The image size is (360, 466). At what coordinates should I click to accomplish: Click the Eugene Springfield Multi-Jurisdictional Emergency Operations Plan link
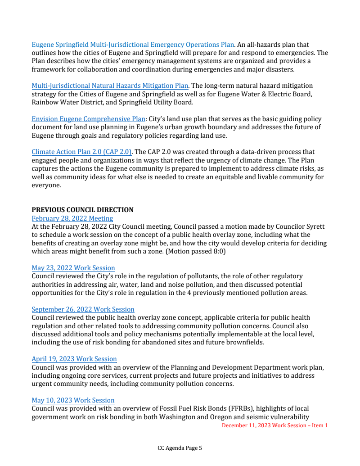[133, 45]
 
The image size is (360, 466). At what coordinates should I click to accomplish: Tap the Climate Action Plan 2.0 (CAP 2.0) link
[81, 152]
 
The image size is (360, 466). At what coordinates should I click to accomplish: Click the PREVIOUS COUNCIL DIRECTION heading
[82, 210]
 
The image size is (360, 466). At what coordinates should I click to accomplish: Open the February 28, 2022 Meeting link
[72, 218]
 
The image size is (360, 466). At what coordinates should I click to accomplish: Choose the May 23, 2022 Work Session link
[73, 268]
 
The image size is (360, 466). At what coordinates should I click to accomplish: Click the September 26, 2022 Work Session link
[83, 309]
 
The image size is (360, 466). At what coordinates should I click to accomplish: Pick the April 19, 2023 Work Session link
[74, 359]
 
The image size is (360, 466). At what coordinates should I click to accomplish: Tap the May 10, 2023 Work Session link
[73, 400]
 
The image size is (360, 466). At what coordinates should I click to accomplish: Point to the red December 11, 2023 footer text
[275, 425]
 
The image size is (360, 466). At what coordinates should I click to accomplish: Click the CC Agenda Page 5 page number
[180, 448]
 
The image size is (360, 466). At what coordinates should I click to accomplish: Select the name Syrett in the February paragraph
[315, 227]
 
